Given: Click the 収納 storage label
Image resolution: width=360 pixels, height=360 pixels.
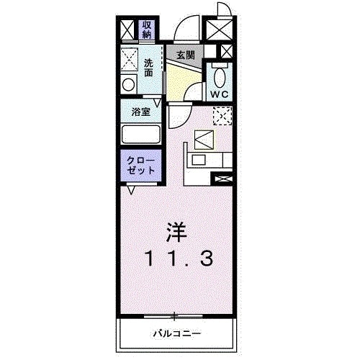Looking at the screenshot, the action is [147, 30].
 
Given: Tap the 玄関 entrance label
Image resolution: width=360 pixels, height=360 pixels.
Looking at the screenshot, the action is [186, 55].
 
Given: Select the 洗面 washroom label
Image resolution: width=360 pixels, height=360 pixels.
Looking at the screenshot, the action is [148, 68].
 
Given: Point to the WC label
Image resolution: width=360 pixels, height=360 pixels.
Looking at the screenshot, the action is [220, 94].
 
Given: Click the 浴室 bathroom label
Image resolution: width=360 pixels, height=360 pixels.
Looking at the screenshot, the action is [141, 112].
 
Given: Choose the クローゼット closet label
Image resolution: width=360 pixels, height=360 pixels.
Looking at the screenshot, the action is [141, 166].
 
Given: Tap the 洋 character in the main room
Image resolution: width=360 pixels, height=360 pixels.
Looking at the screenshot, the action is [177, 233].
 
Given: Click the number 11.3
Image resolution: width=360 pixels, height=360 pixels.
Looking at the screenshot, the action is [179, 258].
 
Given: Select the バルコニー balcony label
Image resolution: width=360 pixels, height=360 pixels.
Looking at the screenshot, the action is [177, 333].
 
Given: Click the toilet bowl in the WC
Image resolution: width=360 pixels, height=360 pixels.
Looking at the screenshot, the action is [220, 77].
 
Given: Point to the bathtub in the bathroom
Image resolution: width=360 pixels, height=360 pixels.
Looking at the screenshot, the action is [141, 135].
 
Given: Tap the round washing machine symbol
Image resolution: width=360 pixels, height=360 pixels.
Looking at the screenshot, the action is [129, 84].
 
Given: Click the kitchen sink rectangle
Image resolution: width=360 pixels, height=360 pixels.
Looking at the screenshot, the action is [199, 160].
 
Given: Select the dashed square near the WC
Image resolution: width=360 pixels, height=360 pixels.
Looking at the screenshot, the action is [222, 116].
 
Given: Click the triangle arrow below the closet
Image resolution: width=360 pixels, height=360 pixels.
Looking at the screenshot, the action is [131, 190].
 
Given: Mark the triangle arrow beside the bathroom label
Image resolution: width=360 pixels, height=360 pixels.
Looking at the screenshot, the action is [158, 103].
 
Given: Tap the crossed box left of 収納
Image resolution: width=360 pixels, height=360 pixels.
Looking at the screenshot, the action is [127, 30].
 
